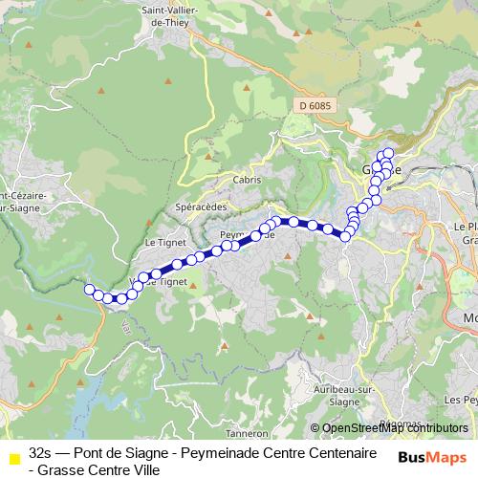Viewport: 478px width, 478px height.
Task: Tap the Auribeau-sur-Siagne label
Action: pyautogui.click(x=341, y=395)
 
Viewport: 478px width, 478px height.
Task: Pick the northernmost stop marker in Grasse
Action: pyautogui.click(x=388, y=153)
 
